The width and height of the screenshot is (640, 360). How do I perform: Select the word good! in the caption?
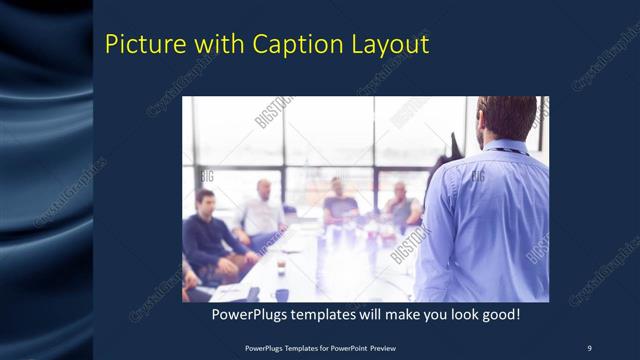497,315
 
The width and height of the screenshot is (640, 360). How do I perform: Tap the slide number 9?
589,347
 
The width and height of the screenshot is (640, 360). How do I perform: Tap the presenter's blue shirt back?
490,220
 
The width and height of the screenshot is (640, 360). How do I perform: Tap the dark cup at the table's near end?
282,294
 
